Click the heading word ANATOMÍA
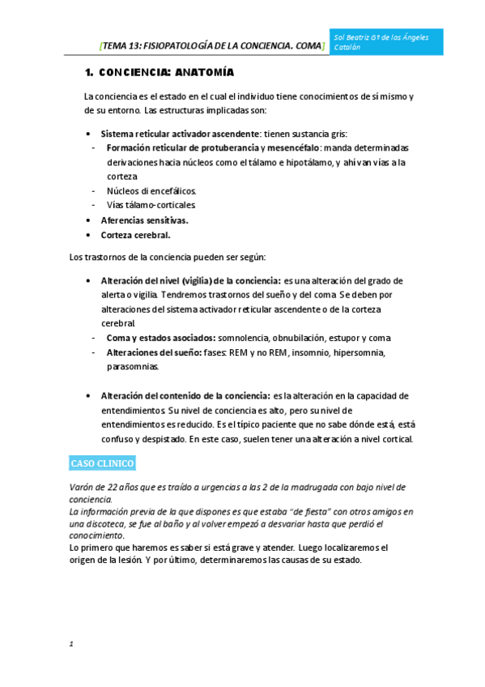tap(204, 73)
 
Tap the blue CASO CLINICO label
tap(102, 463)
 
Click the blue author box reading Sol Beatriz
tap(387, 42)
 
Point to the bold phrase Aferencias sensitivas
tap(144, 220)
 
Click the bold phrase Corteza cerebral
tap(135, 235)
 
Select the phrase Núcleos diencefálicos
tap(151, 191)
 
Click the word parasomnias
tap(134, 366)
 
